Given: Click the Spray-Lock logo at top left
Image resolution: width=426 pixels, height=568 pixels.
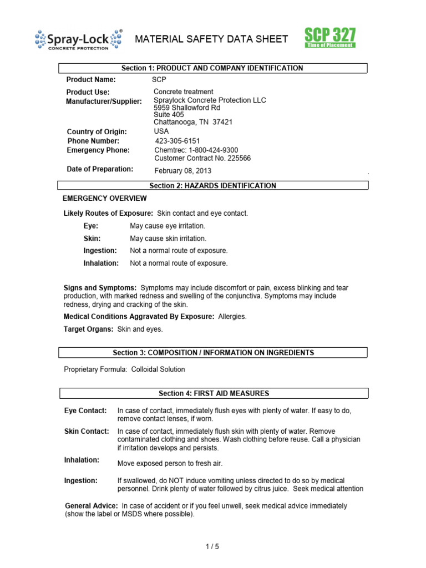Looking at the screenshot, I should [78, 39].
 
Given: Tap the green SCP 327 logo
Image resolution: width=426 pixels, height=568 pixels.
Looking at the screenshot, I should [329, 38].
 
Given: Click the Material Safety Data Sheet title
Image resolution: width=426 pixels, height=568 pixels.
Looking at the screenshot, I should [212, 39].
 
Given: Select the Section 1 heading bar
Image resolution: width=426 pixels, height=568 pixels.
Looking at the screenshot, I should [213, 68].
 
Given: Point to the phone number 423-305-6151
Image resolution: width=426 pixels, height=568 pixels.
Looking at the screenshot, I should [177, 141].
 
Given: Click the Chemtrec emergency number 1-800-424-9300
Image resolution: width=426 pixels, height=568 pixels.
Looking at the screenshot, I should [196, 150].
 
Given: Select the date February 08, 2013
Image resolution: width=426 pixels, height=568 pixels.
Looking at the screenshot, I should [182, 171].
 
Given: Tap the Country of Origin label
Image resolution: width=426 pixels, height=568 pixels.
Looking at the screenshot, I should [97, 131].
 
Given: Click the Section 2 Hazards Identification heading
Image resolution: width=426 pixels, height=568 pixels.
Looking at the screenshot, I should [213, 186].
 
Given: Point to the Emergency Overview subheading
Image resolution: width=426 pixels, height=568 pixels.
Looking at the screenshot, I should [105, 198].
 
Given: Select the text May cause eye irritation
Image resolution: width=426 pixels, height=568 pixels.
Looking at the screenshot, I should [168, 226].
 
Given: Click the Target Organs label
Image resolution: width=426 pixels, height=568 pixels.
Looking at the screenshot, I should [89, 329].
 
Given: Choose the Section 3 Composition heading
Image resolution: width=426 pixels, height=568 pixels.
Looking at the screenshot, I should [213, 352].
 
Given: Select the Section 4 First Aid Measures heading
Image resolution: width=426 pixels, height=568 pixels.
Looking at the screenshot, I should [213, 393].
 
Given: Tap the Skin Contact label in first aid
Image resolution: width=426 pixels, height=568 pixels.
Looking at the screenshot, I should [87, 431].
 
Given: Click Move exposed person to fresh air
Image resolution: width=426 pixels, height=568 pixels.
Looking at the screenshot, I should [170, 463].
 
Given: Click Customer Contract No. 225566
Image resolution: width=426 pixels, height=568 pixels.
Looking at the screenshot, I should [202, 158].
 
